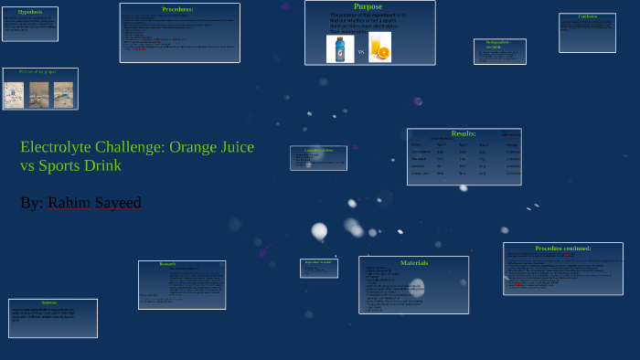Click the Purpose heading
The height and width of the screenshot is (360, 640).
(368, 6)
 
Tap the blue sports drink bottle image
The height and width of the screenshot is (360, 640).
(340, 48)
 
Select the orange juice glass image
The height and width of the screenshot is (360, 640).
(379, 48)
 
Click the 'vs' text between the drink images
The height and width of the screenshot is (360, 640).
(360, 52)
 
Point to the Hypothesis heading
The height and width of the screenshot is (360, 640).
(30, 12)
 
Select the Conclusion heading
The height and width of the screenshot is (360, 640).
(587, 17)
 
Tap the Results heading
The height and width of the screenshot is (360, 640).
(464, 133)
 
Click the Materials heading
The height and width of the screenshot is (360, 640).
(413, 262)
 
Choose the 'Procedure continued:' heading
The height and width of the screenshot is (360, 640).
(562, 248)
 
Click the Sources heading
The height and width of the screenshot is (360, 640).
(49, 302)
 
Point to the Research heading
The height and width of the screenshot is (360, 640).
(167, 264)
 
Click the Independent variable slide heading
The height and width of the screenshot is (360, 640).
(499, 44)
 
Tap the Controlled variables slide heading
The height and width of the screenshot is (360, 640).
(318, 149)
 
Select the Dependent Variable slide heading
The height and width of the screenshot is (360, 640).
(319, 262)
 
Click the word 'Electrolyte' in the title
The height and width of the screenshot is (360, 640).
(59, 147)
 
